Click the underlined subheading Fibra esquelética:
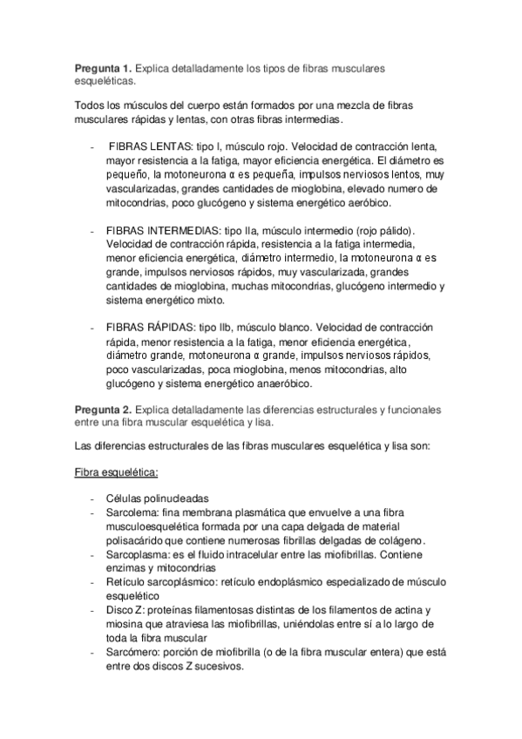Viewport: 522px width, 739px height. pyautogui.click(x=115, y=473)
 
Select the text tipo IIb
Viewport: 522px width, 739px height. pyautogui.click(x=218, y=327)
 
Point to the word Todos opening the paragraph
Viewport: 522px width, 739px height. pyautogui.click(x=90, y=106)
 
